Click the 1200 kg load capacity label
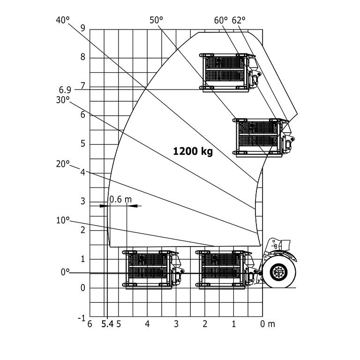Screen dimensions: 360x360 [x=193, y=151]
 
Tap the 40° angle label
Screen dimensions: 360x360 [x=62, y=20]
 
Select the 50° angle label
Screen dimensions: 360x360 [x=156, y=20]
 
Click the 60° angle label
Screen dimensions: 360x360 [x=221, y=20]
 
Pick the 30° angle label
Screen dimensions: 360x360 [x=62, y=99]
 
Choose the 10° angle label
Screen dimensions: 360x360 [x=62, y=219]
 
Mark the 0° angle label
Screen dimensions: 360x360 [x=65, y=272]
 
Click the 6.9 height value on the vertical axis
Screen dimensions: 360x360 [x=66, y=89]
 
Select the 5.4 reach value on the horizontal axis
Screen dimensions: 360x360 [x=107, y=324]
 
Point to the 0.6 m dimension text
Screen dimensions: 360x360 [x=120, y=199]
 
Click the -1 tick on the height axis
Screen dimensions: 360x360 [x=82, y=318]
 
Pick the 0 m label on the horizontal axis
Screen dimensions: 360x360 [x=268, y=324]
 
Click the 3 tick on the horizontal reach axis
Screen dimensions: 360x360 [x=176, y=324]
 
